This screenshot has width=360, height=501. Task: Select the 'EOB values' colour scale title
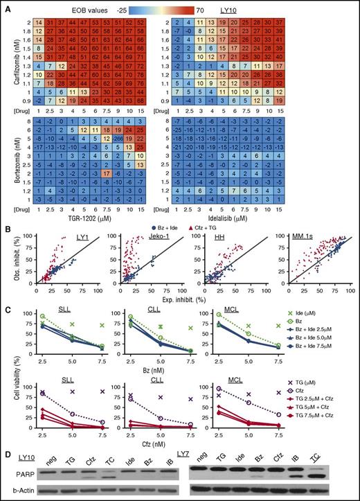point(82,6)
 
